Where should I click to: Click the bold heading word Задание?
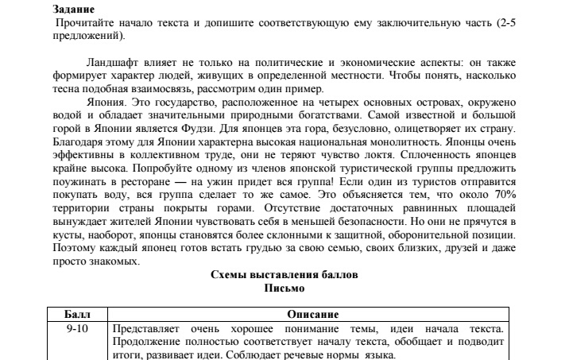(74, 10)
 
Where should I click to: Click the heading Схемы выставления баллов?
(284, 274)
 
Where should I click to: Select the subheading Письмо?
(284, 287)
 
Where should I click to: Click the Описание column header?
(308, 314)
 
